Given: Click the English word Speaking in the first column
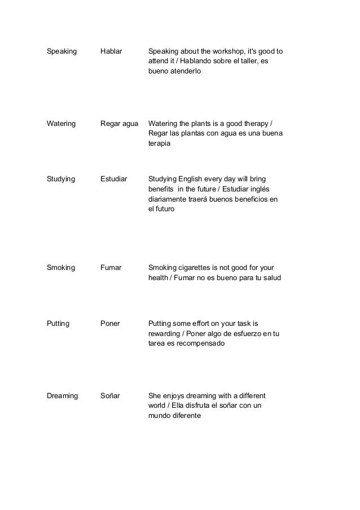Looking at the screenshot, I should click(x=62, y=52).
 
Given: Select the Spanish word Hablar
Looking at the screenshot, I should click(x=111, y=52).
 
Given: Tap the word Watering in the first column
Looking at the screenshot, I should click(x=61, y=124).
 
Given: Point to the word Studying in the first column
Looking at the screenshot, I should click(x=61, y=179).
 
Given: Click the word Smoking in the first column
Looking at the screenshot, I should click(x=61, y=268).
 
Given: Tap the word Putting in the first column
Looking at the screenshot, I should click(x=59, y=324).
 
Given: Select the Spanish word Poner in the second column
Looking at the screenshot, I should click(x=110, y=324).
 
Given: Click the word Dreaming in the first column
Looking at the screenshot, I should click(x=62, y=395).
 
